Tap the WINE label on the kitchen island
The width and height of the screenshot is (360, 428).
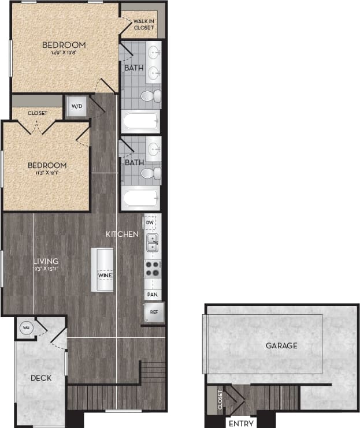pyautogui.click(x=105, y=276)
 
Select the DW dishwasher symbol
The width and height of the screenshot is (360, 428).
pyautogui.click(x=150, y=222)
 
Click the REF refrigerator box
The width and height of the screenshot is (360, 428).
pyautogui.click(x=154, y=312)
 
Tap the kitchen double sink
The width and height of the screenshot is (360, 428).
pyautogui.click(x=152, y=242)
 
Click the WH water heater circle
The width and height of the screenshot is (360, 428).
pyautogui.click(x=25, y=327)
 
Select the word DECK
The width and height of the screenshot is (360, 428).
pyautogui.click(x=40, y=378)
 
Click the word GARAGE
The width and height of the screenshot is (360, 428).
pyautogui.click(x=281, y=345)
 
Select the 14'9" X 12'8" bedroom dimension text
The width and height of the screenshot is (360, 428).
pyautogui.click(x=64, y=53)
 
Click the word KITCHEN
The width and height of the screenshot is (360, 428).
pyautogui.click(x=121, y=234)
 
